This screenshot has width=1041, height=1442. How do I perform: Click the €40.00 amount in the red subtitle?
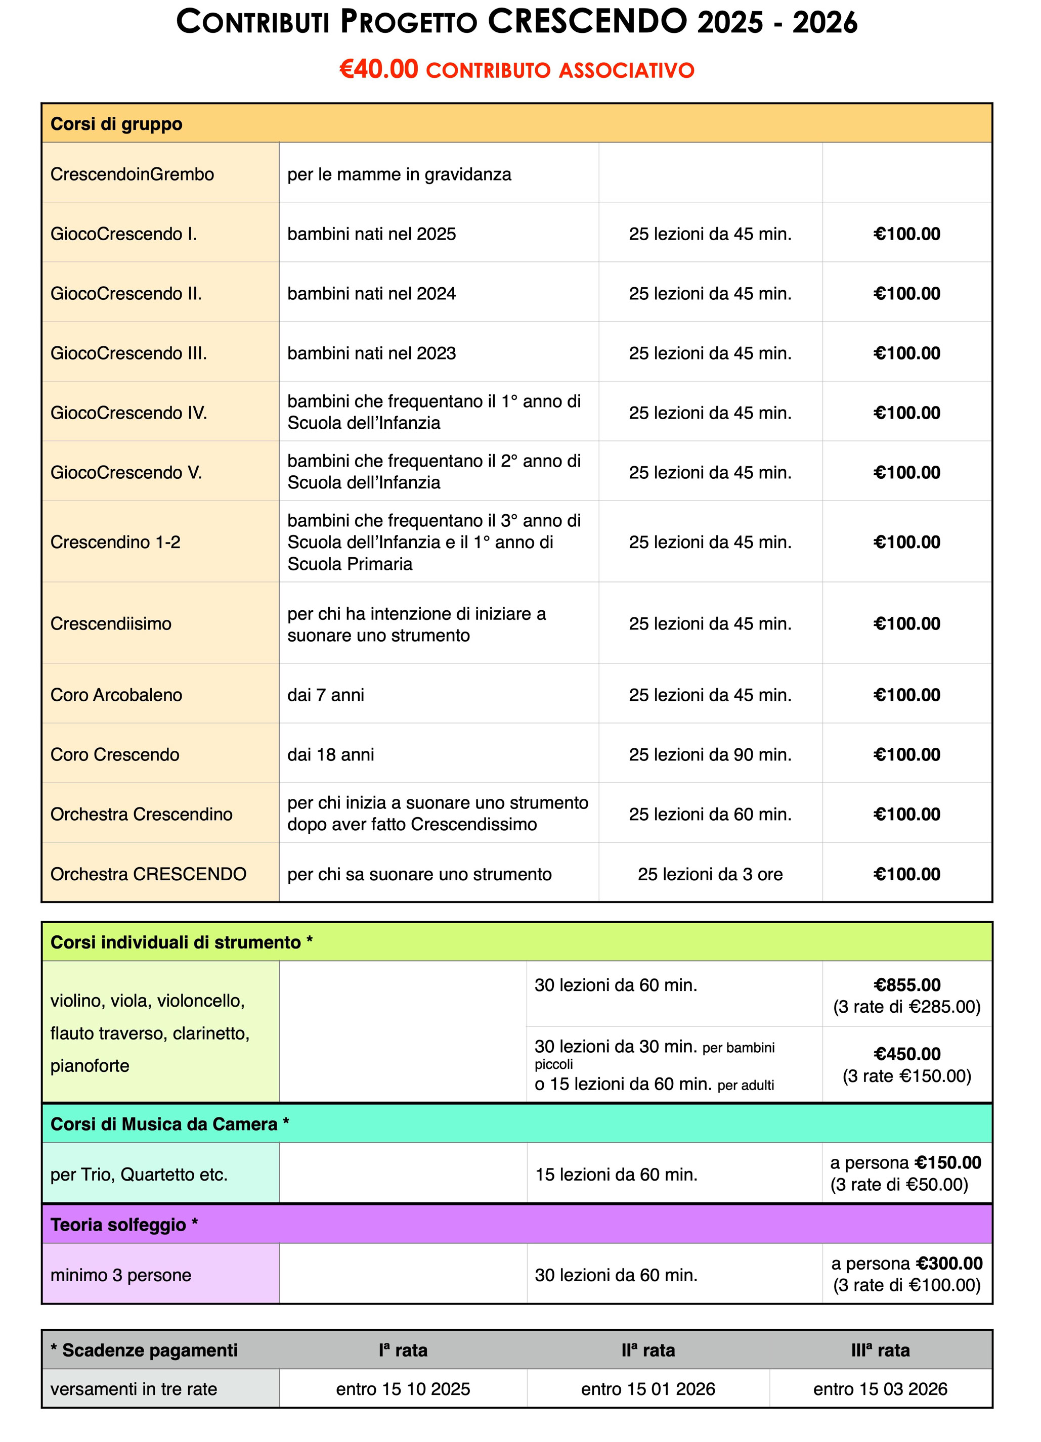378,69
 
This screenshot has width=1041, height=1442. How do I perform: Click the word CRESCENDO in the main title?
588,22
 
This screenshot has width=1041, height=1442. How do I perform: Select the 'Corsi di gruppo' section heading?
116,124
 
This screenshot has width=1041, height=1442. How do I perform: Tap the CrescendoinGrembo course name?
132,174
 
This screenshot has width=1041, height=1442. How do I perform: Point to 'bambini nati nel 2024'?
371,294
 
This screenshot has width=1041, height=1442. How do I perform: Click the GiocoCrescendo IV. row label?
128,413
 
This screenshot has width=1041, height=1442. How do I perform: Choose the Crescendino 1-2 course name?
115,543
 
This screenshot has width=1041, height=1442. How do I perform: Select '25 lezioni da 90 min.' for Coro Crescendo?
710,755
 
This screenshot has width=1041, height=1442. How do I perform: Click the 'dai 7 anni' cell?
326,695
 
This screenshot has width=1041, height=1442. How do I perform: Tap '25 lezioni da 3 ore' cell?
710,874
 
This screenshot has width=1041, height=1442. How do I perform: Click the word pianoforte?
90,1066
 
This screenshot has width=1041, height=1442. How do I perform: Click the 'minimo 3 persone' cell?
121,1275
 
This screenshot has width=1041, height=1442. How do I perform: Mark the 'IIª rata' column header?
648,1350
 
